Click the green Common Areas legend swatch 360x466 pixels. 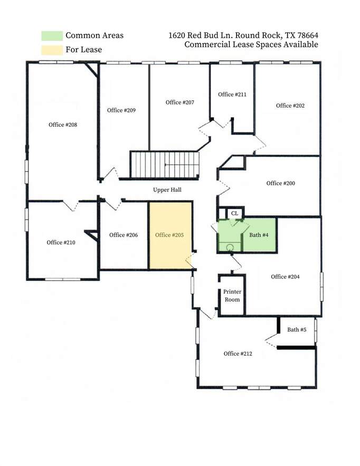pos(52,36)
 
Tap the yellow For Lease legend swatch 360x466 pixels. pos(52,50)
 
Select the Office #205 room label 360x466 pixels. pos(169,235)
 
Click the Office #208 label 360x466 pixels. pos(63,125)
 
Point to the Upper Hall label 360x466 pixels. pos(167,190)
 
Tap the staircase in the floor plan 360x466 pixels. pos(164,165)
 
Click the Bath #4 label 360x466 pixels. pos(259,235)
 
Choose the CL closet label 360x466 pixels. pos(234,213)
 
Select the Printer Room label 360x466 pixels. pos(232,296)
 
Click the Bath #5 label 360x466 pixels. pos(297,330)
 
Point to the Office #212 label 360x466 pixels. pos(238,354)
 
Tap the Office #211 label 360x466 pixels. pos(232,94)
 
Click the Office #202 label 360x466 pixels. pos(290,106)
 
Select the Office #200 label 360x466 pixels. pos(281,183)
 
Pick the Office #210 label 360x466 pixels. pos(61,243)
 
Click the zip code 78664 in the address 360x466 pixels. pos(308,36)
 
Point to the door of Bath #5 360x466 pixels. pos(271,340)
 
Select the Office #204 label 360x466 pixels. pos(285,277)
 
